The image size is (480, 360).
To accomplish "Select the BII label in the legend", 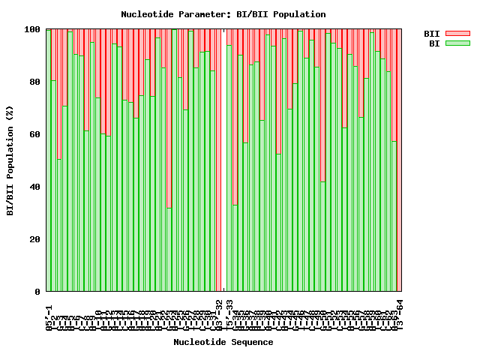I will pyautogui.click(x=431, y=34).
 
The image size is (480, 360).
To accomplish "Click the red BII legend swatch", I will pyautogui.click(x=457, y=34).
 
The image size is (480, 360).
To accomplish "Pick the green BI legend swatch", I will pyautogui.click(x=457, y=43).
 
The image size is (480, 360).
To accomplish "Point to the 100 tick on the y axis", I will pyautogui.click(x=32, y=29).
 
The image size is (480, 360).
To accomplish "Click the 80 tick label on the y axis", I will pyautogui.click(x=34, y=82).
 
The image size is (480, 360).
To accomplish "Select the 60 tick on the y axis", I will pyautogui.click(x=34, y=134).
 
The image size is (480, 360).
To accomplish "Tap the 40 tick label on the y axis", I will pyautogui.click(x=34, y=187).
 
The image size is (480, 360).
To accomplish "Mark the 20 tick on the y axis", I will pyautogui.click(x=34, y=239).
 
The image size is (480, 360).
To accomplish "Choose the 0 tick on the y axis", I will pyautogui.click(x=37, y=292).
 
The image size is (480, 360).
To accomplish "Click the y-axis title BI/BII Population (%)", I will pyautogui.click(x=10, y=160).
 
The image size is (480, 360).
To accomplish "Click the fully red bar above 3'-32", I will pyautogui.click(x=218, y=160).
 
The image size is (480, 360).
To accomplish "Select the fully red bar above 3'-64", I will pyautogui.click(x=399, y=160).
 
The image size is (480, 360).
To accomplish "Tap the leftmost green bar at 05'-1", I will pyautogui.click(x=49, y=160).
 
